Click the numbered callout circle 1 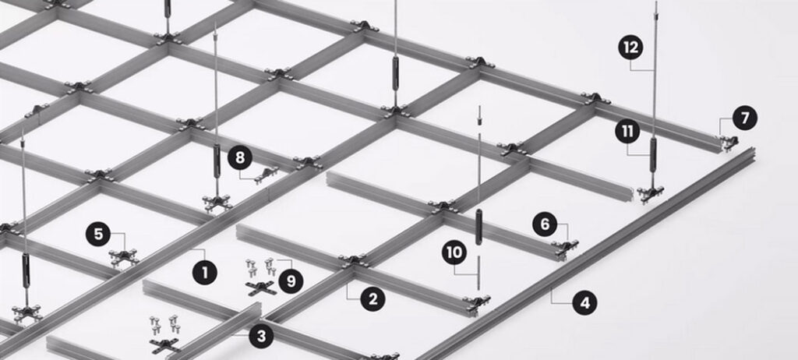(x=205, y=273)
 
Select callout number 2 (x=373, y=299)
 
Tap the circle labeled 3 (x=261, y=336)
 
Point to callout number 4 (x=584, y=303)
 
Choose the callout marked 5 (x=98, y=235)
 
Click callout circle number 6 (x=545, y=224)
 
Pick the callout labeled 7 (x=745, y=118)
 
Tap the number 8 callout (x=240, y=158)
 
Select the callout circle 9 (x=291, y=281)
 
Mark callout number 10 (x=454, y=252)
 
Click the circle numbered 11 (x=627, y=132)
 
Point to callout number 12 (x=630, y=48)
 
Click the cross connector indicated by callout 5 (x=124, y=256)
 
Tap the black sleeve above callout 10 (x=478, y=227)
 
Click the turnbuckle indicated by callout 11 (x=653, y=155)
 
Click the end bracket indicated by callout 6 (x=565, y=248)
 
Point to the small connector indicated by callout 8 (x=267, y=174)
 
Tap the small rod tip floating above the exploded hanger (x=479, y=116)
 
